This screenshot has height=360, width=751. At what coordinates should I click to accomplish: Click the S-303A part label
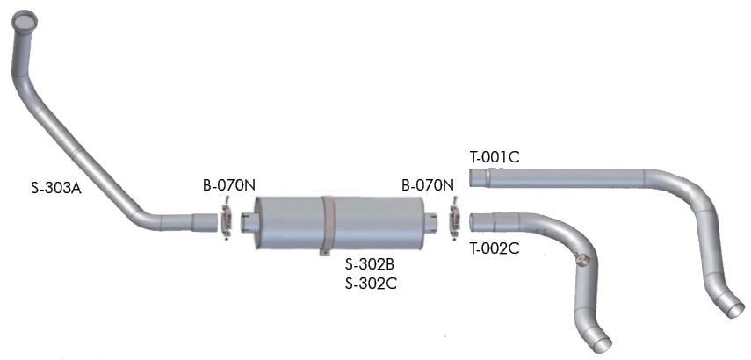(x=56, y=188)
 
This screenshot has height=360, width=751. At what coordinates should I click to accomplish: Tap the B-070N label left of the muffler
(x=228, y=186)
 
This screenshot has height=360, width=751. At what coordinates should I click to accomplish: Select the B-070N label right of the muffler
(x=427, y=186)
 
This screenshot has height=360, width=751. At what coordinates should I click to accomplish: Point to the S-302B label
(x=371, y=263)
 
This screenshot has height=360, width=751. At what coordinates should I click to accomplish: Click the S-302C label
(x=371, y=284)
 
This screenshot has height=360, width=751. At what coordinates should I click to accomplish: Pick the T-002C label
(x=495, y=248)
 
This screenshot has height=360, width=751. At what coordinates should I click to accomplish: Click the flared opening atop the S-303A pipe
(x=25, y=20)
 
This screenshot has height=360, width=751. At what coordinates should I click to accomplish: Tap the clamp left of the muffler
(x=226, y=221)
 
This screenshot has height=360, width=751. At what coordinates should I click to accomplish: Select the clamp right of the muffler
(x=453, y=221)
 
